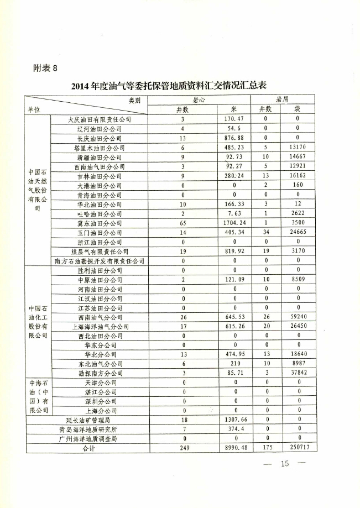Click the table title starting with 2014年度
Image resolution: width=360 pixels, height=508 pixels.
(x=169, y=86)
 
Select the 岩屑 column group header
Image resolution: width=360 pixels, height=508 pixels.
(x=282, y=100)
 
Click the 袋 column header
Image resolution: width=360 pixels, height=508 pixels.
(x=297, y=109)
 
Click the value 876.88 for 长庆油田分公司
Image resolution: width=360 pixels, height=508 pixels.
(x=234, y=138)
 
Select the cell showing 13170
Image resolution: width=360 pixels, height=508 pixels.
(x=297, y=148)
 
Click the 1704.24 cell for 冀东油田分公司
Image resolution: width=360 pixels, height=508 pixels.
(x=234, y=223)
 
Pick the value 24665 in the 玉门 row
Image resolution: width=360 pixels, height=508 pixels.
(x=297, y=233)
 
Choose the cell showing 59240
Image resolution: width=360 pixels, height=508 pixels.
(x=297, y=317)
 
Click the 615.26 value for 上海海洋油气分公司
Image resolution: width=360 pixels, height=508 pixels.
(x=234, y=327)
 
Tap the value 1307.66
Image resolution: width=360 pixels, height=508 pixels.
(x=234, y=421)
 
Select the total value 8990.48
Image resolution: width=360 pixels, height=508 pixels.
(x=234, y=448)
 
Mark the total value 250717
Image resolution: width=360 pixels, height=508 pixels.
(x=297, y=448)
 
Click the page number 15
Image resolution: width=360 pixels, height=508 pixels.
(x=285, y=463)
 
